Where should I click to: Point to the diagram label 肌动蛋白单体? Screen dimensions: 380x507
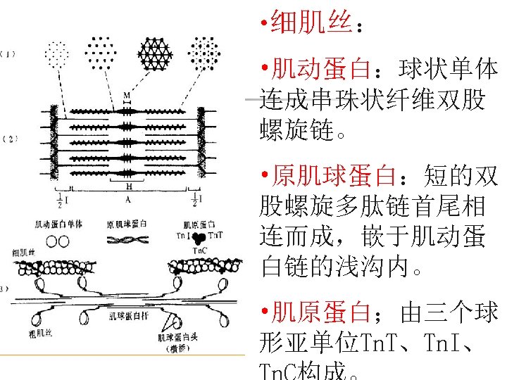58,224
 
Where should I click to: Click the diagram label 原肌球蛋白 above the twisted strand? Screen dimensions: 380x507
127,224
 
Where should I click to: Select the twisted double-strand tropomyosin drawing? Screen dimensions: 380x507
127,240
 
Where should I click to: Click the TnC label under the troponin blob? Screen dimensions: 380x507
198,249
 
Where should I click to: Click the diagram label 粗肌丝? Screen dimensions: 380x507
37,331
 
